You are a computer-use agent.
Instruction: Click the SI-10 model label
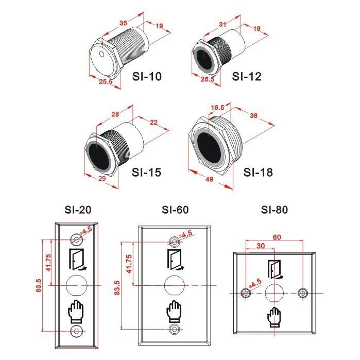(x=147, y=76)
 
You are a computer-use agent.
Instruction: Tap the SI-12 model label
(x=247, y=76)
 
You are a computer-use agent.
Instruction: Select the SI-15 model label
(x=146, y=172)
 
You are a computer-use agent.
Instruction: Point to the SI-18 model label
(x=258, y=172)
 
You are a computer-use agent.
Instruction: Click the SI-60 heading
(x=175, y=210)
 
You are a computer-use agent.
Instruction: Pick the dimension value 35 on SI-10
(x=123, y=23)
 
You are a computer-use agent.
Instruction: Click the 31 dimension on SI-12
(x=222, y=24)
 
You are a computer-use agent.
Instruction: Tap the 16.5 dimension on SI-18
(x=217, y=108)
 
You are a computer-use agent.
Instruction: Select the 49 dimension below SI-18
(x=210, y=179)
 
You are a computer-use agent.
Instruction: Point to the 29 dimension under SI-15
(x=101, y=178)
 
